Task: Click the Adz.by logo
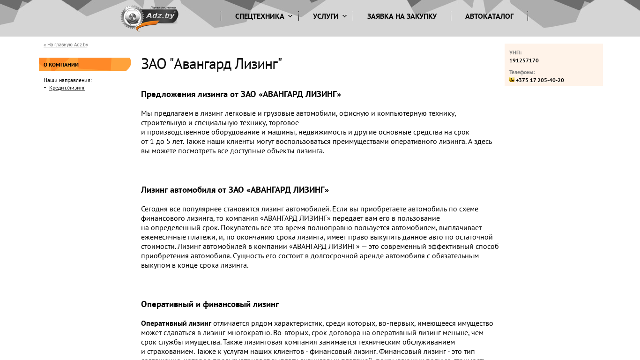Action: (x=149, y=18)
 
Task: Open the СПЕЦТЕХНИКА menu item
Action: (x=260, y=16)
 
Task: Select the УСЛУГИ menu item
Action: (x=326, y=16)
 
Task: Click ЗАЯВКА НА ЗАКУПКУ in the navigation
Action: (x=402, y=16)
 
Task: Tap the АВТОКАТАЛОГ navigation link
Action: (x=490, y=16)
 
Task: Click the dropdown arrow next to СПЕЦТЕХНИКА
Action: (x=290, y=16)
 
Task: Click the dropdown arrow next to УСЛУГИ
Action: (x=345, y=16)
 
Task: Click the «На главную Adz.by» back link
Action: (x=66, y=45)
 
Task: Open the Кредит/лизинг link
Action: (x=67, y=88)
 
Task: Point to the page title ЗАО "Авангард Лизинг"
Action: (x=211, y=64)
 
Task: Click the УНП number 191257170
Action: (x=524, y=60)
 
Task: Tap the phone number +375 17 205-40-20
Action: (x=540, y=80)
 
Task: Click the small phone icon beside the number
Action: (x=512, y=80)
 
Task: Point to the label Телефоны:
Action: (x=522, y=72)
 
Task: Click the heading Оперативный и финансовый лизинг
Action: (x=210, y=304)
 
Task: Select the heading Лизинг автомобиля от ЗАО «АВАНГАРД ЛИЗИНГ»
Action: (x=235, y=190)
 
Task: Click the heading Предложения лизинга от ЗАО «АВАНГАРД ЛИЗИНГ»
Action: (x=241, y=94)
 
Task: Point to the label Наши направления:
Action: (x=67, y=80)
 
